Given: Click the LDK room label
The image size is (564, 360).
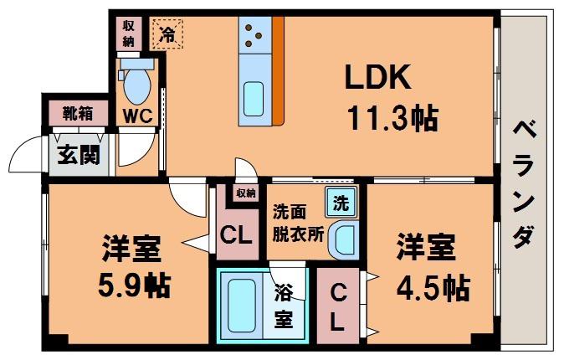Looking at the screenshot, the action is click(377, 77).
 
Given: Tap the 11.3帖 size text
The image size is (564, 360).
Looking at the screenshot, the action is click(393, 118).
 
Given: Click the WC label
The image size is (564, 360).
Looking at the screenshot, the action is click(138, 116).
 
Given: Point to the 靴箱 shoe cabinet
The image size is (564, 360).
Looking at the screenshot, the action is click(78, 113).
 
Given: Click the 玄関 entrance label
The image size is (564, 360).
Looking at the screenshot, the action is click(79, 155).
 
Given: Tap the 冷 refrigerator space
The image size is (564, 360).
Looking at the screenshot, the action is click(167, 34).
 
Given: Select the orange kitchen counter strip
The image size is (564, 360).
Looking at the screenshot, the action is click(278, 71).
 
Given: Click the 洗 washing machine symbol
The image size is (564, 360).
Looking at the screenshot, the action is click(341, 203).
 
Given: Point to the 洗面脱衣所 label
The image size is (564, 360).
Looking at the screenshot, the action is click(298, 224).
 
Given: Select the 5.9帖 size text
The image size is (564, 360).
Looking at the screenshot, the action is click(134, 286).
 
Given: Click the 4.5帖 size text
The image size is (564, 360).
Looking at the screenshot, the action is click(433, 288).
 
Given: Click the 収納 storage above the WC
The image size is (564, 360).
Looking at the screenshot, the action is click(128, 33).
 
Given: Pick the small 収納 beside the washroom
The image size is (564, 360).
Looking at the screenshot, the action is click(246, 193).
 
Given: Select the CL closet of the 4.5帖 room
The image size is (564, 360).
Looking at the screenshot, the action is click(338, 306).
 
